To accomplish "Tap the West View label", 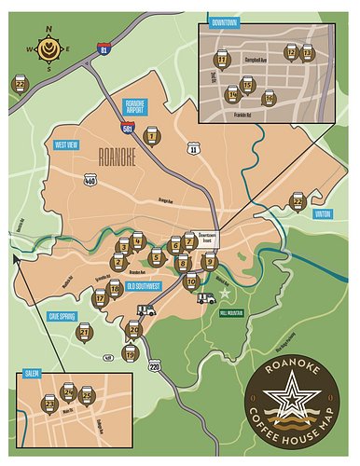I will coord(66,144).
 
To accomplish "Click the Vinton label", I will coord(322,213).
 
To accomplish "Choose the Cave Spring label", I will coord(62,316).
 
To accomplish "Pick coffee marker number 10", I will coord(191,282).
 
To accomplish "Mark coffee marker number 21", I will coord(85,332).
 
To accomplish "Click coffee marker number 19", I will coord(130,353).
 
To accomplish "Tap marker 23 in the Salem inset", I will coord(48,403).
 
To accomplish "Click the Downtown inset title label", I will coord(225,21).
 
